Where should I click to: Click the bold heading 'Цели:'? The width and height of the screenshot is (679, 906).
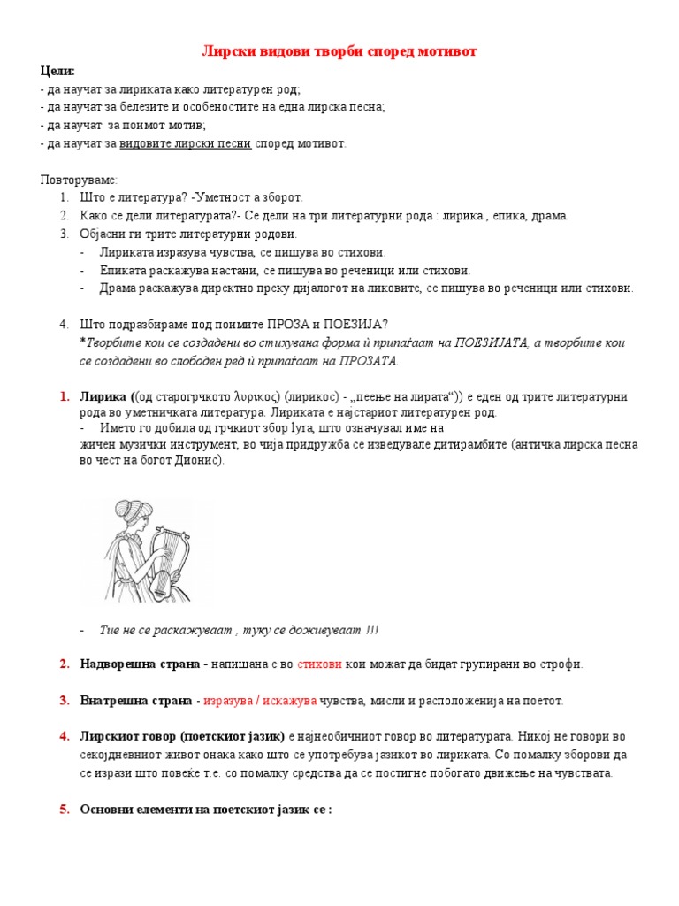pyautogui.click(x=57, y=71)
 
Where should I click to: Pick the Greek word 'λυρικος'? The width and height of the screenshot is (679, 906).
pyautogui.click(x=257, y=395)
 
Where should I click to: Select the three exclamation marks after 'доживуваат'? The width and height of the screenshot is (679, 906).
pyautogui.click(x=372, y=629)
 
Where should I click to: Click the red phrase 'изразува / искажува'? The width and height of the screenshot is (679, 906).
pyautogui.click(x=260, y=701)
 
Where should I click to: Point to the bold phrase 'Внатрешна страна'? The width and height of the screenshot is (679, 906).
pyautogui.click(x=136, y=701)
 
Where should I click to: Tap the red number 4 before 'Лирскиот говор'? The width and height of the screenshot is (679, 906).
pyautogui.click(x=65, y=736)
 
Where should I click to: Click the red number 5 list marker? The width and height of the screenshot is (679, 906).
pyautogui.click(x=65, y=809)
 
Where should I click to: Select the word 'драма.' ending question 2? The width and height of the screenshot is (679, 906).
pyautogui.click(x=550, y=216)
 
